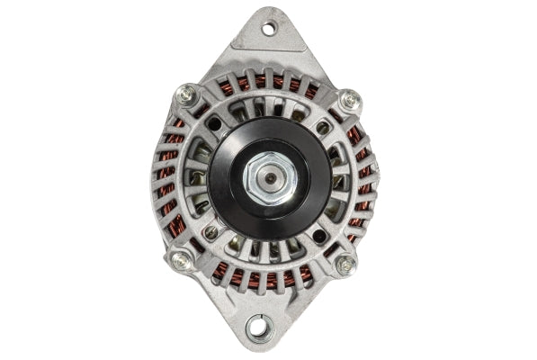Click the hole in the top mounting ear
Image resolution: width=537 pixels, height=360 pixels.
tap(268, 29)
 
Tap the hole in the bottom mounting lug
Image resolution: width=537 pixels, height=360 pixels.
tap(259, 327)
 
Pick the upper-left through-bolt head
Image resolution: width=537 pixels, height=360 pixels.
tap(187, 94)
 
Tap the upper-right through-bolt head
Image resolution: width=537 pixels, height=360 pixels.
tap(349, 99)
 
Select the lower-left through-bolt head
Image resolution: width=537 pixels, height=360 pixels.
tap(181, 260)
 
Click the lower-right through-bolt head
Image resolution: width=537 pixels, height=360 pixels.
tap(345, 265)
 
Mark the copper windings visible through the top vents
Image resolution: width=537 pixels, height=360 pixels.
tap(270, 82)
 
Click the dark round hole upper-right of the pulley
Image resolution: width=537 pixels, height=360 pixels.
tap(323, 128)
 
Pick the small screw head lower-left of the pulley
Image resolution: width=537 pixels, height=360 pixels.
tap(210, 232)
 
